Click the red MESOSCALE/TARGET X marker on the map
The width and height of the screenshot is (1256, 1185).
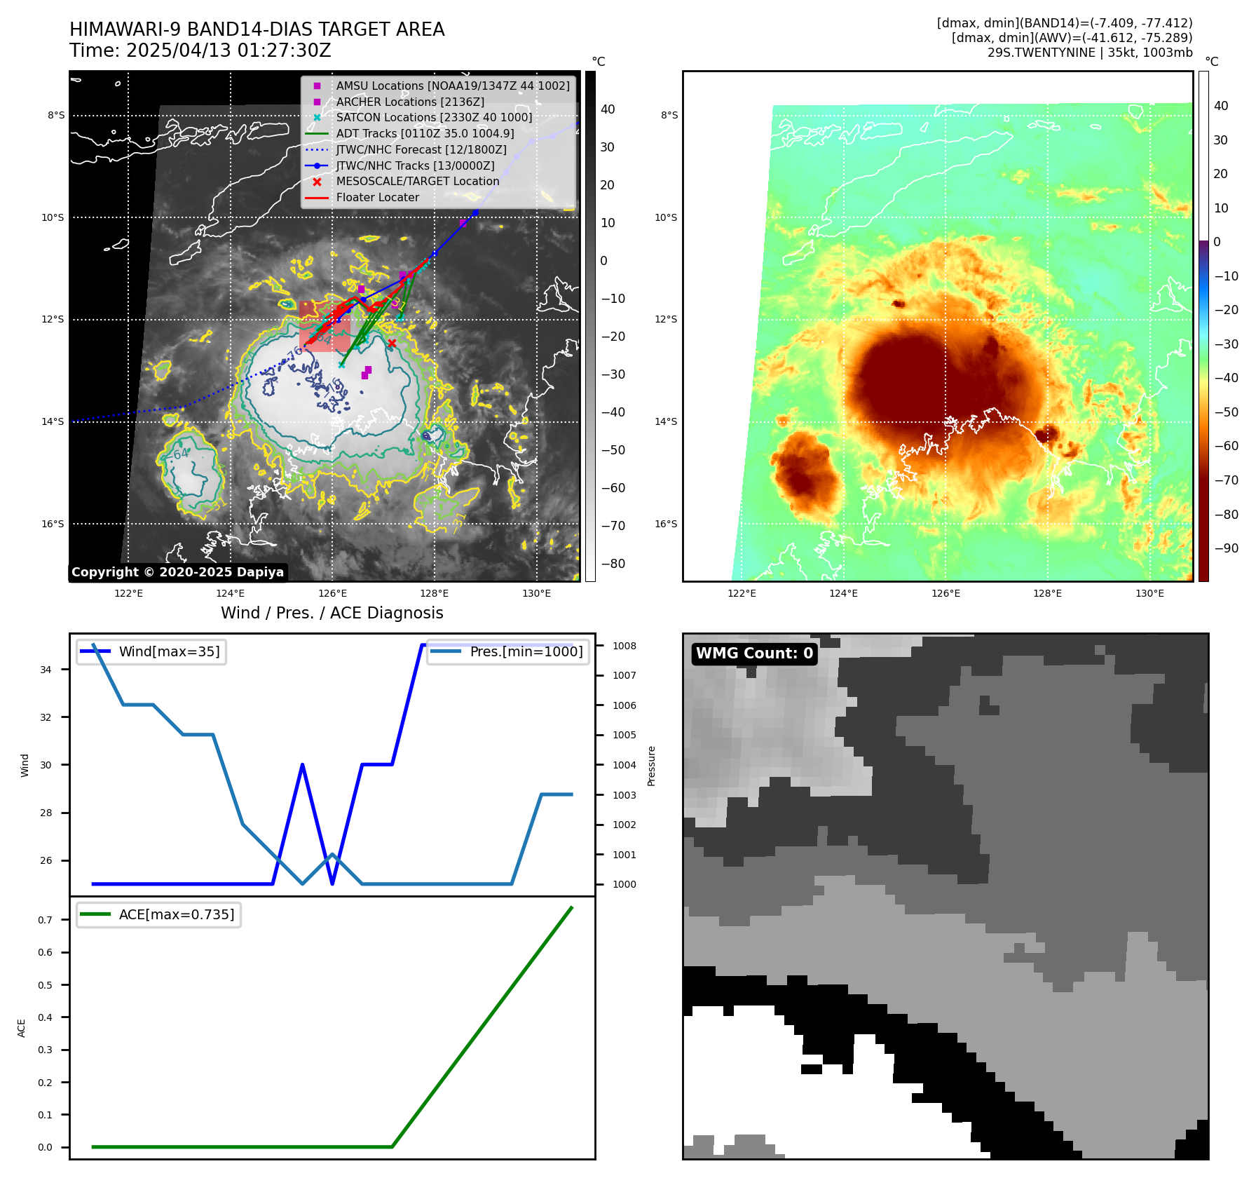(x=392, y=344)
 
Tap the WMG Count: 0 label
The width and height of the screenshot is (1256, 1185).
(x=754, y=654)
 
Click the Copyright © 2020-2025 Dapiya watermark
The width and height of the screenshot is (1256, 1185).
(x=177, y=572)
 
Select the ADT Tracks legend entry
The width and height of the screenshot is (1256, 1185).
(x=425, y=133)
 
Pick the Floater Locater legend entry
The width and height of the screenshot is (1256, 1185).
(x=377, y=197)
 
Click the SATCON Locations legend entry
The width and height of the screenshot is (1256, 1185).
(x=433, y=117)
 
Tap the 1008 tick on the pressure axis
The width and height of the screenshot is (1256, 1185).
(x=624, y=646)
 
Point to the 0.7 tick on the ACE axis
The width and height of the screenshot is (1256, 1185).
(x=46, y=920)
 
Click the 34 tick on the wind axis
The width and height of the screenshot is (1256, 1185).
(x=46, y=670)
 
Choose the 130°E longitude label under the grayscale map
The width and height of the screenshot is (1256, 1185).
(x=536, y=593)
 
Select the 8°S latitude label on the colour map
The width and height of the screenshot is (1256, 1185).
(x=669, y=115)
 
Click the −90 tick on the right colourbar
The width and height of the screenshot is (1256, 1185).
(x=1226, y=548)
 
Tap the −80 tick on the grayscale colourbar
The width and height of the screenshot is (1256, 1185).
(x=613, y=564)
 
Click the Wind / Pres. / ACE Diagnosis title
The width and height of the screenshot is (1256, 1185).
(x=332, y=613)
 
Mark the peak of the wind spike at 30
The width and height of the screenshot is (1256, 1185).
(x=302, y=764)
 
